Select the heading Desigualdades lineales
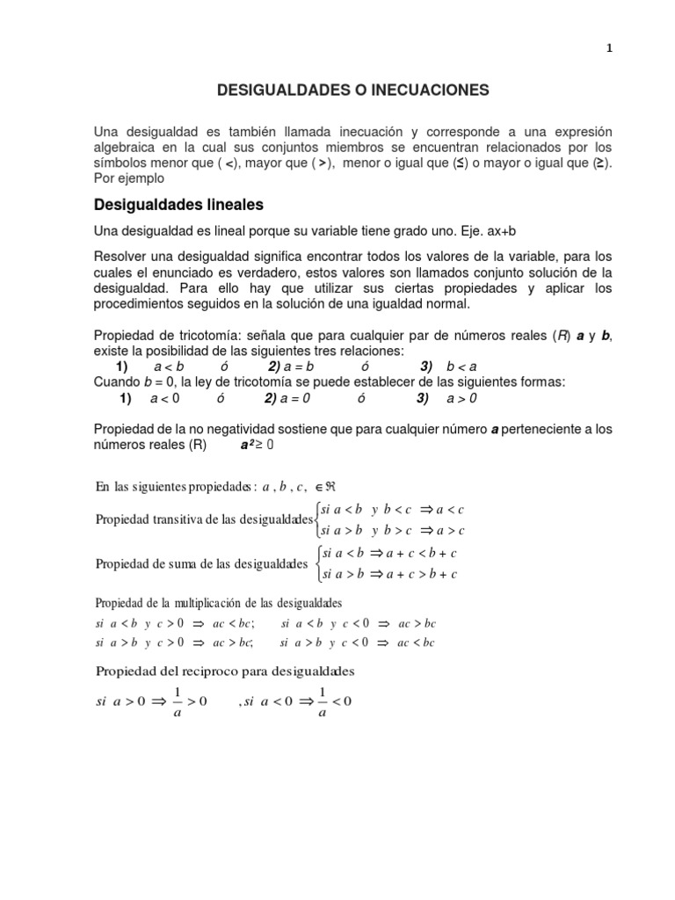[178, 205]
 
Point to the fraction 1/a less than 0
[322, 701]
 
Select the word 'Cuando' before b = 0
[118, 382]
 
